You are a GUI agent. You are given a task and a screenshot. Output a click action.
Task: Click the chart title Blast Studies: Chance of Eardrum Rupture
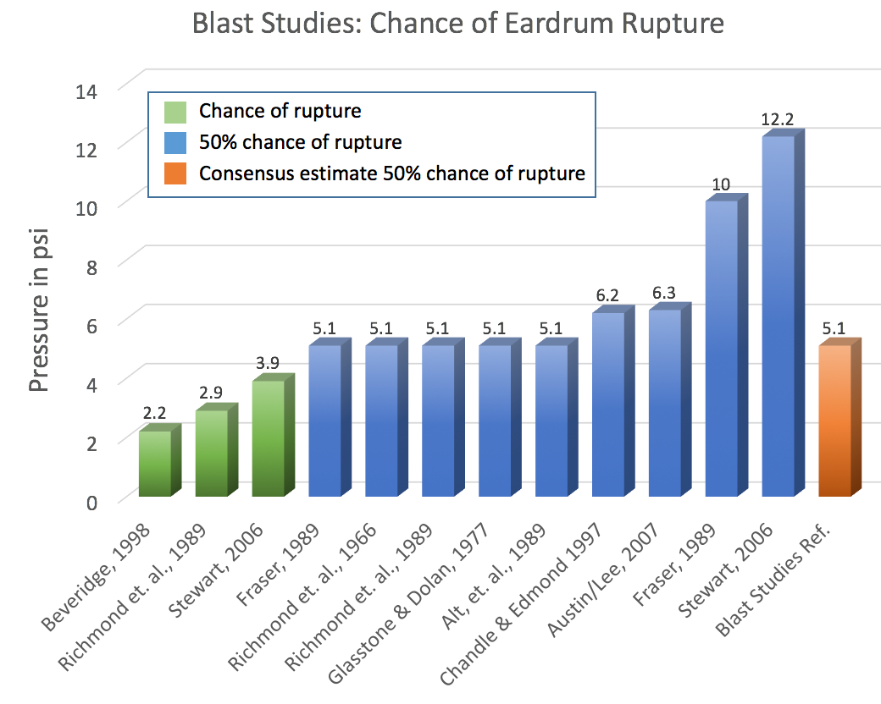[458, 24]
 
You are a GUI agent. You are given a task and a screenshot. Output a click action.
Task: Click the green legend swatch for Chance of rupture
[175, 112]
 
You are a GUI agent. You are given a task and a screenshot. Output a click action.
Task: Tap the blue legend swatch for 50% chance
[175, 143]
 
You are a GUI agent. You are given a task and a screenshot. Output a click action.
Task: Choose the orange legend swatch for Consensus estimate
[175, 173]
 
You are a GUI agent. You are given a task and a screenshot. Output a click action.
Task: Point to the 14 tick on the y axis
[86, 91]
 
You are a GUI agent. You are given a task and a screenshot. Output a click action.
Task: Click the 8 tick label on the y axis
[91, 267]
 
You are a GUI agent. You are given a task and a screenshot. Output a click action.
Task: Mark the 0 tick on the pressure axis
[91, 502]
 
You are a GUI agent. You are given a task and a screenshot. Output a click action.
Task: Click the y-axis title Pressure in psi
[39, 310]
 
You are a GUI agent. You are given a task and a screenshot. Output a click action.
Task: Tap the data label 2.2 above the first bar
[154, 413]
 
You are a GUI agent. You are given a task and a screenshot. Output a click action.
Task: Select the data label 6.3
[663, 293]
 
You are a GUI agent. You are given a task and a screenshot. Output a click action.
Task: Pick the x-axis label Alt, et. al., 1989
[494, 576]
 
